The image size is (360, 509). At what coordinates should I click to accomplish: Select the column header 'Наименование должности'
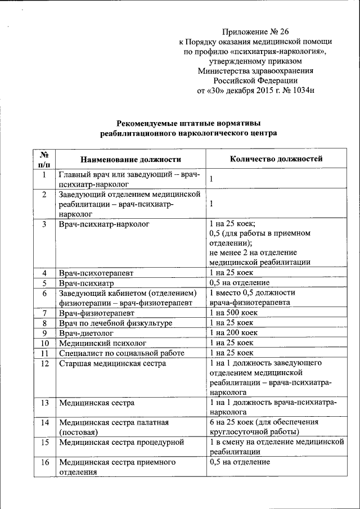[130, 159]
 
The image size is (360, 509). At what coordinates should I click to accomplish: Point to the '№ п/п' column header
[44, 159]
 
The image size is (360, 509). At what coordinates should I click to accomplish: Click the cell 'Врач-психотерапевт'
[96, 273]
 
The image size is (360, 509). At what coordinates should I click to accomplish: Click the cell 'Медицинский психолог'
[102, 343]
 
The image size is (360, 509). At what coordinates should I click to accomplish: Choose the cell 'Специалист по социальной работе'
[121, 353]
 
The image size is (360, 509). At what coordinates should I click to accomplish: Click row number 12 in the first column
[45, 363]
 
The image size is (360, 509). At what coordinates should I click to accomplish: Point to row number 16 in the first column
[45, 462]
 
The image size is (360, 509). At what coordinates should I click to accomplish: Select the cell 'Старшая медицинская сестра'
[112, 363]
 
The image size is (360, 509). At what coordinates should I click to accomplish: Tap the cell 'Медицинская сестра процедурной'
[122, 442]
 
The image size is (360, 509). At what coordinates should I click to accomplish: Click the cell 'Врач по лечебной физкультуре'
[115, 323]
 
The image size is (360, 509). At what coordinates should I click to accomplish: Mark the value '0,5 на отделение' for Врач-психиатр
[239, 282]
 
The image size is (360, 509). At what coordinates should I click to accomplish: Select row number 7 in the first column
[44, 313]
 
